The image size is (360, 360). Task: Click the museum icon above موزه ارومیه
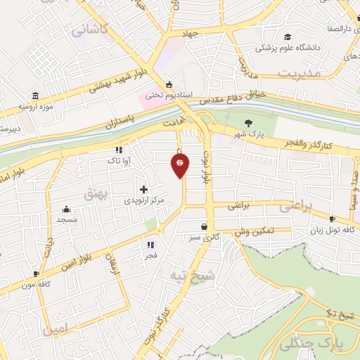click(35, 96)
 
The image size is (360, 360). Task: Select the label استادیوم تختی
click(165, 91)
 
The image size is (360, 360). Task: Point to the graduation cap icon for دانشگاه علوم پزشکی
click(287, 37)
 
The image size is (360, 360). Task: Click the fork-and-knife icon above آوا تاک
click(119, 150)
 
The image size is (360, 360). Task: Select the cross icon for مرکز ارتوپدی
click(143, 189)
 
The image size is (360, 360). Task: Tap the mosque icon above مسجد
click(66, 209)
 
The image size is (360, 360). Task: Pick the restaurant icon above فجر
click(150, 245)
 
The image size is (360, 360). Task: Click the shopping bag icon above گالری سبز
click(204, 227)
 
